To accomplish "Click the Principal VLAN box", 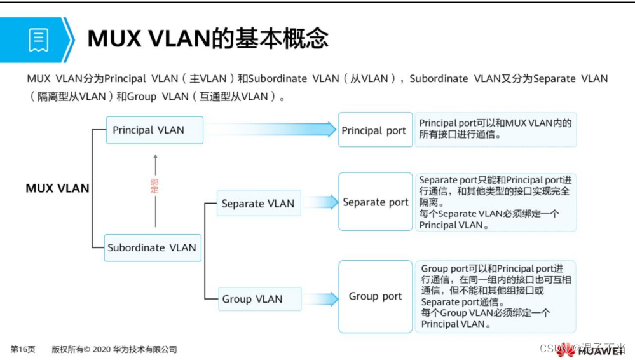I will [x=154, y=130].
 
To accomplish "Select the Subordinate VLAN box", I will [x=153, y=247].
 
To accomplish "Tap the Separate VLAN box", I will [x=258, y=204].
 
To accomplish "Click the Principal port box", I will [x=375, y=130].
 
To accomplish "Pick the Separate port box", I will [x=375, y=202].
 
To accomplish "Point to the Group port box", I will [x=375, y=296].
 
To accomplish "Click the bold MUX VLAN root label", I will [x=57, y=188].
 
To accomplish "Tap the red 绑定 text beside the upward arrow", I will [x=154, y=186].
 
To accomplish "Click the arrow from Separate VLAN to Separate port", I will [x=320, y=203].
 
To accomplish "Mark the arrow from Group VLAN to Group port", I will [x=320, y=298].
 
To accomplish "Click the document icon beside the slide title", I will [x=38, y=39].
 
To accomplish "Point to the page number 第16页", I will [x=23, y=349].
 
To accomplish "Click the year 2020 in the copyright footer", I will [x=102, y=349].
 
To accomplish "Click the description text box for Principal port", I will [x=495, y=129].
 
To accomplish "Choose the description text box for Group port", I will [x=495, y=296].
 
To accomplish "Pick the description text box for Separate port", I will [x=495, y=202].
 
